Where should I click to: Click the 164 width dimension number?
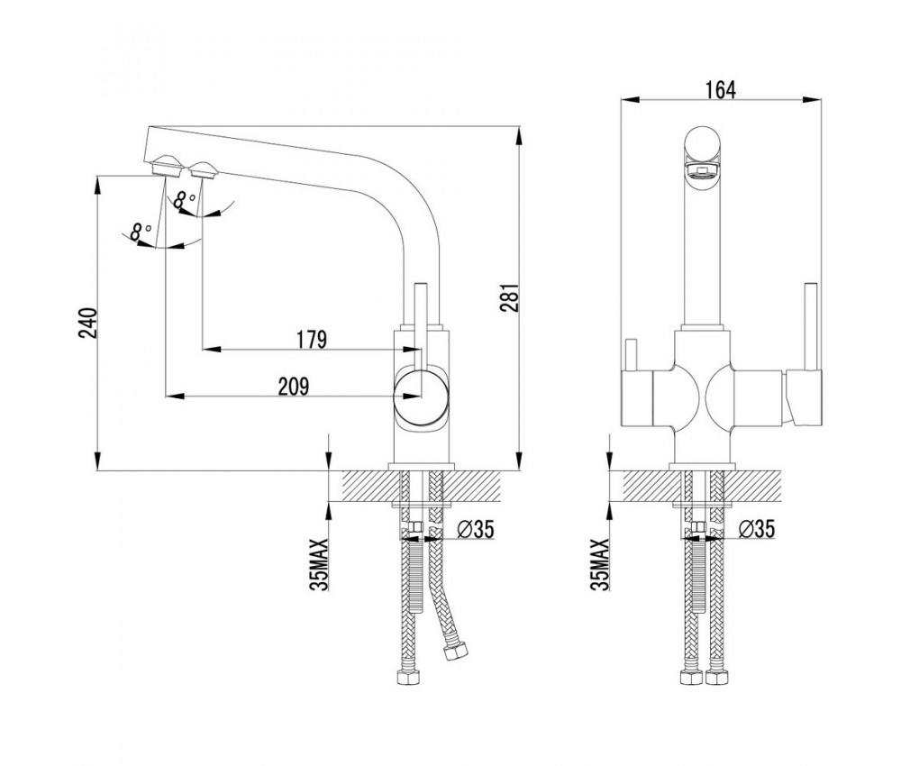[x=721, y=89]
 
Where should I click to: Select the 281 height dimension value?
[x=511, y=297]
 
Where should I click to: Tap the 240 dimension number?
[x=89, y=323]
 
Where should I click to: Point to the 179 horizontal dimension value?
[x=312, y=339]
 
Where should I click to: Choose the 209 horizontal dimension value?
[x=294, y=387]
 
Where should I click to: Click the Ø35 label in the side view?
[x=475, y=529]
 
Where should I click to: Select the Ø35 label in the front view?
[x=756, y=529]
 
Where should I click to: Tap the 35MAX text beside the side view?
[x=319, y=564]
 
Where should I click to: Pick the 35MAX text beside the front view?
[x=600, y=564]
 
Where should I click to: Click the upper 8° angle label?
[x=184, y=200]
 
